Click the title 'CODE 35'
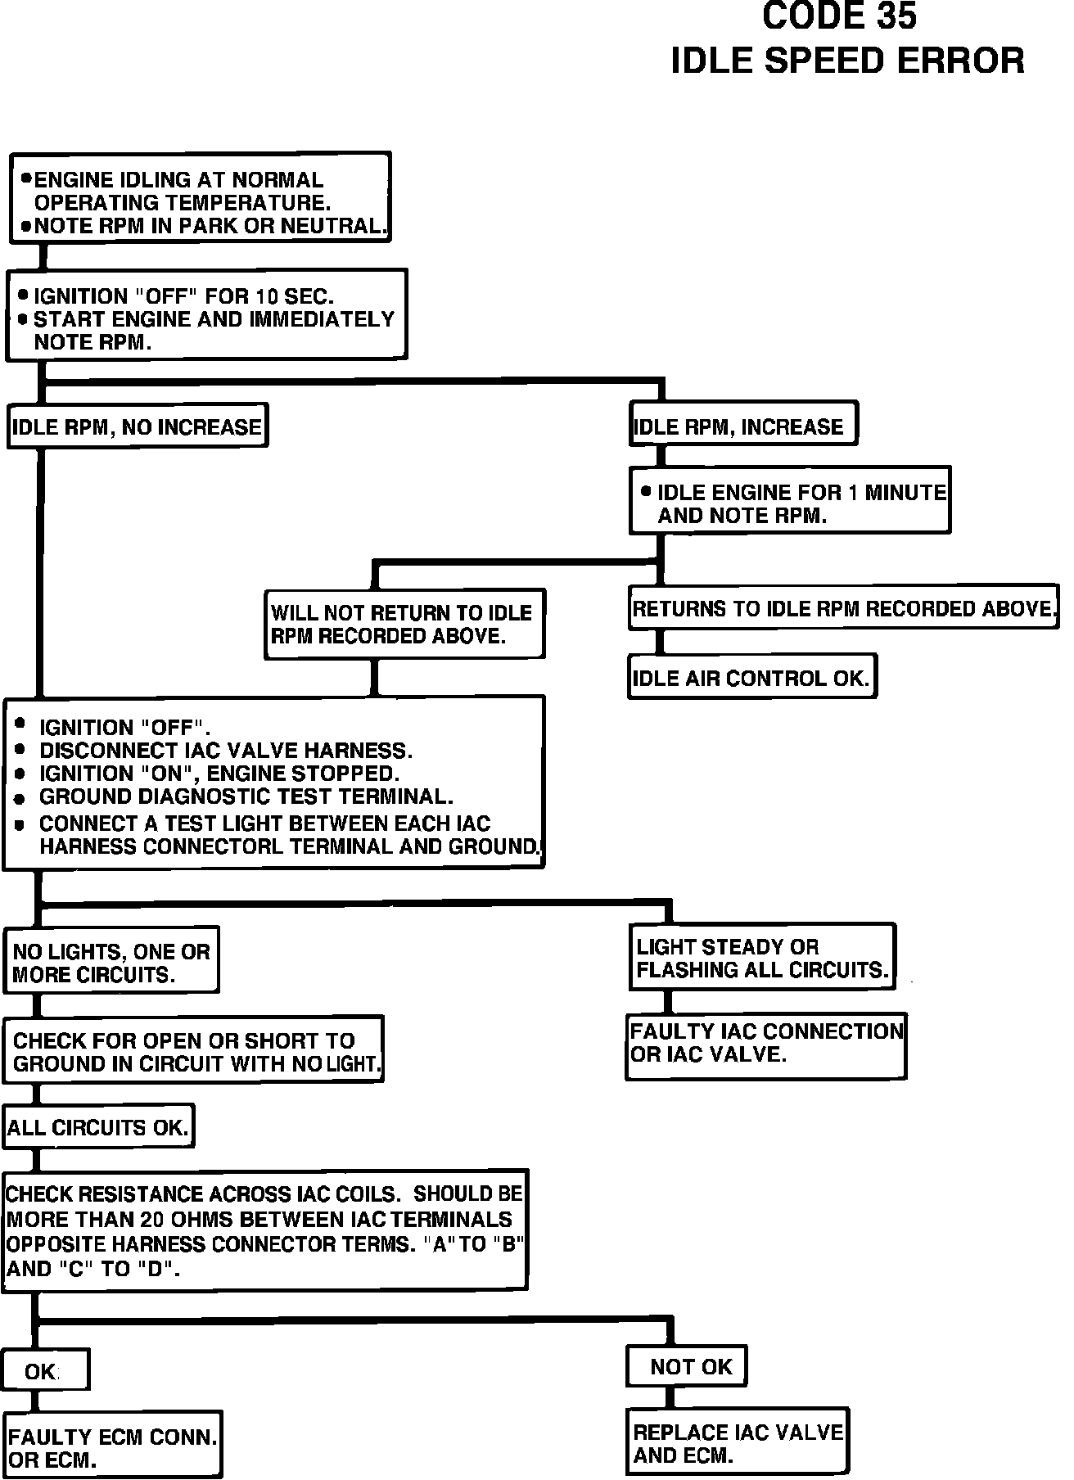click(x=839, y=17)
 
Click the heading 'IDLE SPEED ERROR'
click(x=847, y=61)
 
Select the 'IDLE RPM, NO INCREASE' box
click(x=138, y=426)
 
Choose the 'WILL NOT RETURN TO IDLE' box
click(x=404, y=625)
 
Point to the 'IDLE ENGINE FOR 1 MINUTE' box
click(x=790, y=502)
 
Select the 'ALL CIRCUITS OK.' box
click(x=99, y=1128)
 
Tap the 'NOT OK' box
click(x=687, y=1366)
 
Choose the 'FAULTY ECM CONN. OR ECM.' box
click(x=112, y=1447)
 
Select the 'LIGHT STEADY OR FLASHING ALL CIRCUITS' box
click(x=761, y=958)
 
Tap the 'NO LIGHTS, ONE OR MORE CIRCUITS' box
click(x=111, y=962)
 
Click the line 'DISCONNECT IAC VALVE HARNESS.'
click(x=226, y=751)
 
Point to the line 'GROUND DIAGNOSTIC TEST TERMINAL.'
click(x=246, y=796)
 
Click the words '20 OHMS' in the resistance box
click(x=185, y=1220)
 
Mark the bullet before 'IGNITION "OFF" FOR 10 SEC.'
click(x=23, y=295)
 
